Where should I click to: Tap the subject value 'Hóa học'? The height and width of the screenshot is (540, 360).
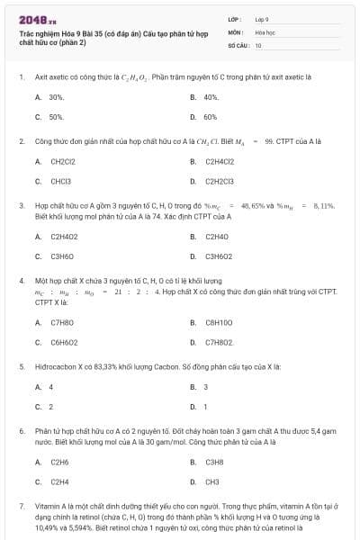(x=265, y=31)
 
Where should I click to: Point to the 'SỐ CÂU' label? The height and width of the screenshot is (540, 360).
(x=237, y=44)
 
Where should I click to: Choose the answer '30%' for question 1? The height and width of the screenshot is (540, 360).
(x=57, y=96)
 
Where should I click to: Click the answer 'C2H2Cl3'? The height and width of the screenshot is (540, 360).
(x=220, y=181)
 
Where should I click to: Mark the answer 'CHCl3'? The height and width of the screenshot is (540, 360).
(x=60, y=181)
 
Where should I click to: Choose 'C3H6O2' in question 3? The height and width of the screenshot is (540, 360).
(x=220, y=256)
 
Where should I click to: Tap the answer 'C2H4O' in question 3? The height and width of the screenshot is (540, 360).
(x=217, y=237)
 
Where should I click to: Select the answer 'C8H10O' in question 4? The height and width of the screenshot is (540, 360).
(x=219, y=321)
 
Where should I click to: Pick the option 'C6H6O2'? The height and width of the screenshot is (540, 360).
(x=64, y=342)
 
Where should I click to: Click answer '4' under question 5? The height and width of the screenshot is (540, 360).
(x=51, y=387)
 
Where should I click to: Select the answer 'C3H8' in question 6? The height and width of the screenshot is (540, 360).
(x=214, y=462)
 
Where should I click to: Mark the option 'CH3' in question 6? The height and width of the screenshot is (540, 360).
(x=212, y=481)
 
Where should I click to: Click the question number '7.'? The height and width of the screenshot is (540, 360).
(x=22, y=507)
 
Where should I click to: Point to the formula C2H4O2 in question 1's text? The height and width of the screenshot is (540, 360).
(x=120, y=77)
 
